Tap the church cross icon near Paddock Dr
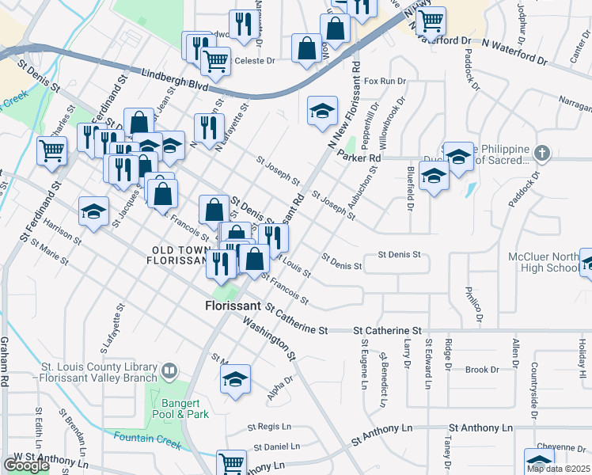[542, 152]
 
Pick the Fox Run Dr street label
[385, 81]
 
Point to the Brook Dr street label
[482, 370]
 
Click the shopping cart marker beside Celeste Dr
[214, 60]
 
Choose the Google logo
[25, 465]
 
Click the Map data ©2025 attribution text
[559, 469]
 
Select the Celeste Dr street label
[254, 60]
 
